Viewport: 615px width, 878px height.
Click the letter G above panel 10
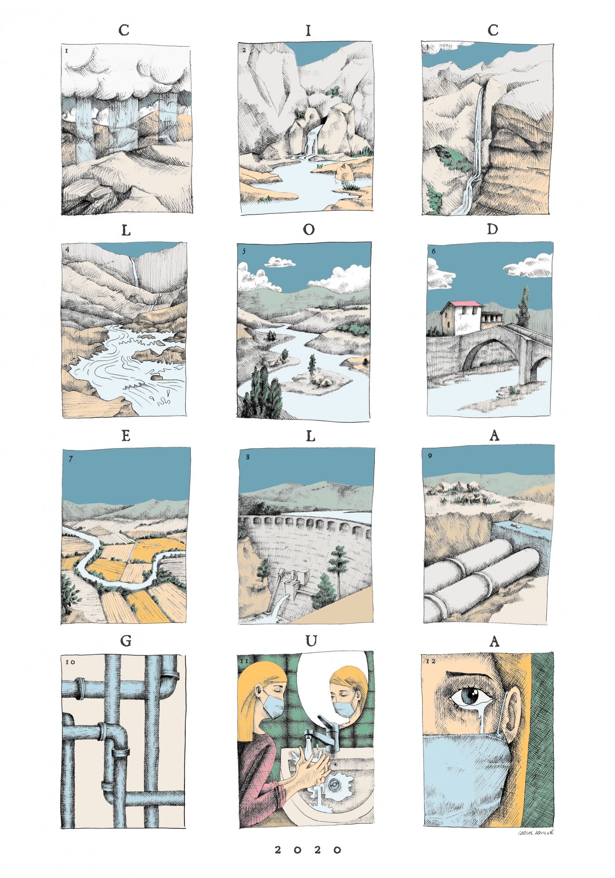(125, 641)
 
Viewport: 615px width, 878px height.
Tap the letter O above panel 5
(308, 230)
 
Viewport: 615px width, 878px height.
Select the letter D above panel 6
(492, 230)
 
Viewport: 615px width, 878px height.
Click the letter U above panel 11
(311, 641)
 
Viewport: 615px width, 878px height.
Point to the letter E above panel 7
(125, 436)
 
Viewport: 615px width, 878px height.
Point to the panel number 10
(69, 661)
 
